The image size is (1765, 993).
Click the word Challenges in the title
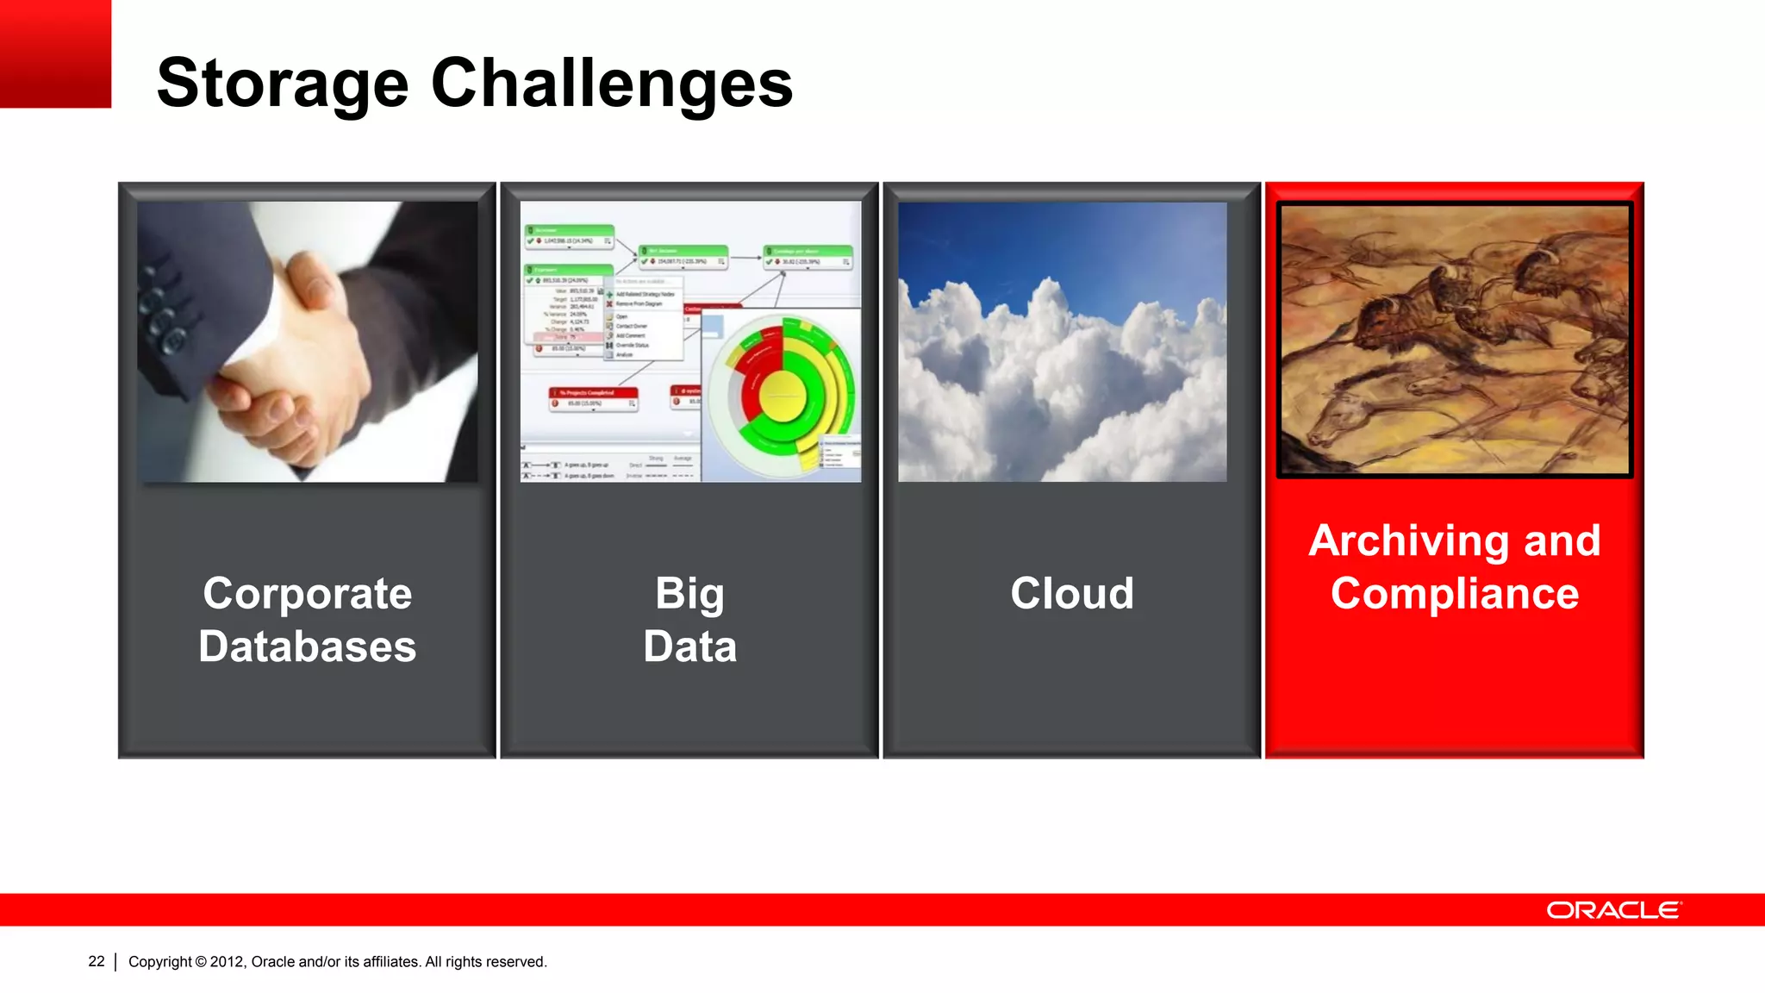(x=611, y=84)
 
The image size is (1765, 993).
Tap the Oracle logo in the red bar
(x=1612, y=910)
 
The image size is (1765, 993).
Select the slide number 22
(x=97, y=961)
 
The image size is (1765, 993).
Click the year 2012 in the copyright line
(x=228, y=962)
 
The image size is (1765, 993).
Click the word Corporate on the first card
(x=308, y=594)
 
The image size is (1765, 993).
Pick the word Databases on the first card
(x=308, y=646)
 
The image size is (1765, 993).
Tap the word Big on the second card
(x=689, y=594)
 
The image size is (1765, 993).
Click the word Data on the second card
(x=689, y=646)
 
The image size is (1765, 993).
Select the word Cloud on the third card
(x=1072, y=594)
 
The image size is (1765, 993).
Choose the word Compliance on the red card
(x=1455, y=594)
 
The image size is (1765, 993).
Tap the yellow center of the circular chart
(x=783, y=396)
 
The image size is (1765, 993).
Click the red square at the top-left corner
(x=55, y=53)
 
